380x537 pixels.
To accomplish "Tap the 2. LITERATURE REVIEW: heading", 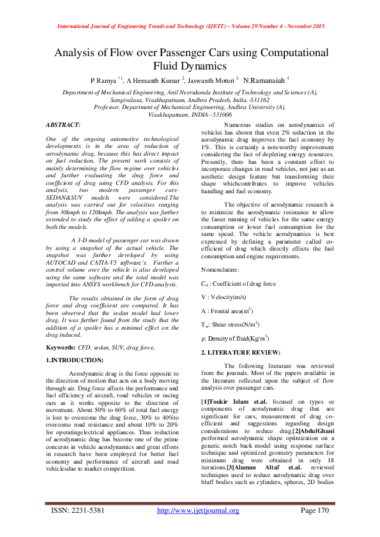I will pos(240,352).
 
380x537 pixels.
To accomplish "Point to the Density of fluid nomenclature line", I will pos(234,337).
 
